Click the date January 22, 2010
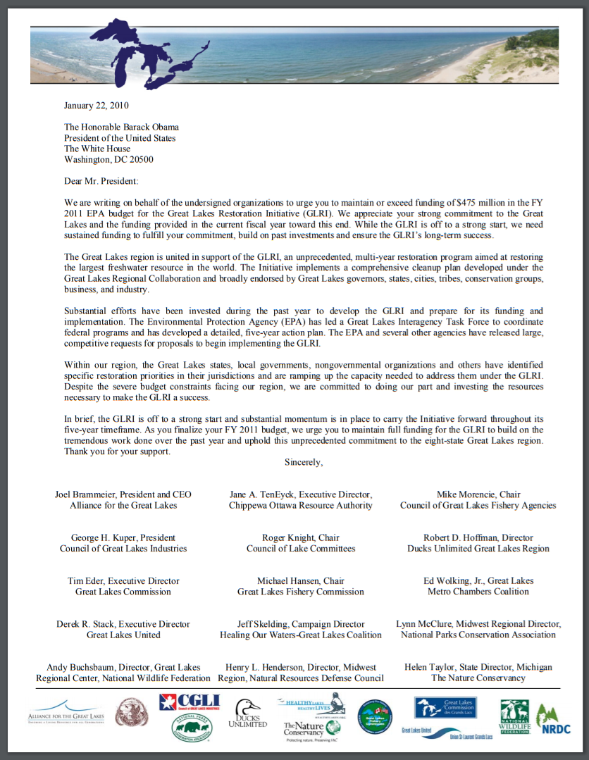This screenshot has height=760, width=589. pos(97,106)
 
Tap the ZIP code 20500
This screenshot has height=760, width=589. pos(141,159)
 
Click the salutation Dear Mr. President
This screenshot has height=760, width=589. pos(101,181)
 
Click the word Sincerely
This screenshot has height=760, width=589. pos(304,463)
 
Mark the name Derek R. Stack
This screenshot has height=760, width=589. pos(87,624)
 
